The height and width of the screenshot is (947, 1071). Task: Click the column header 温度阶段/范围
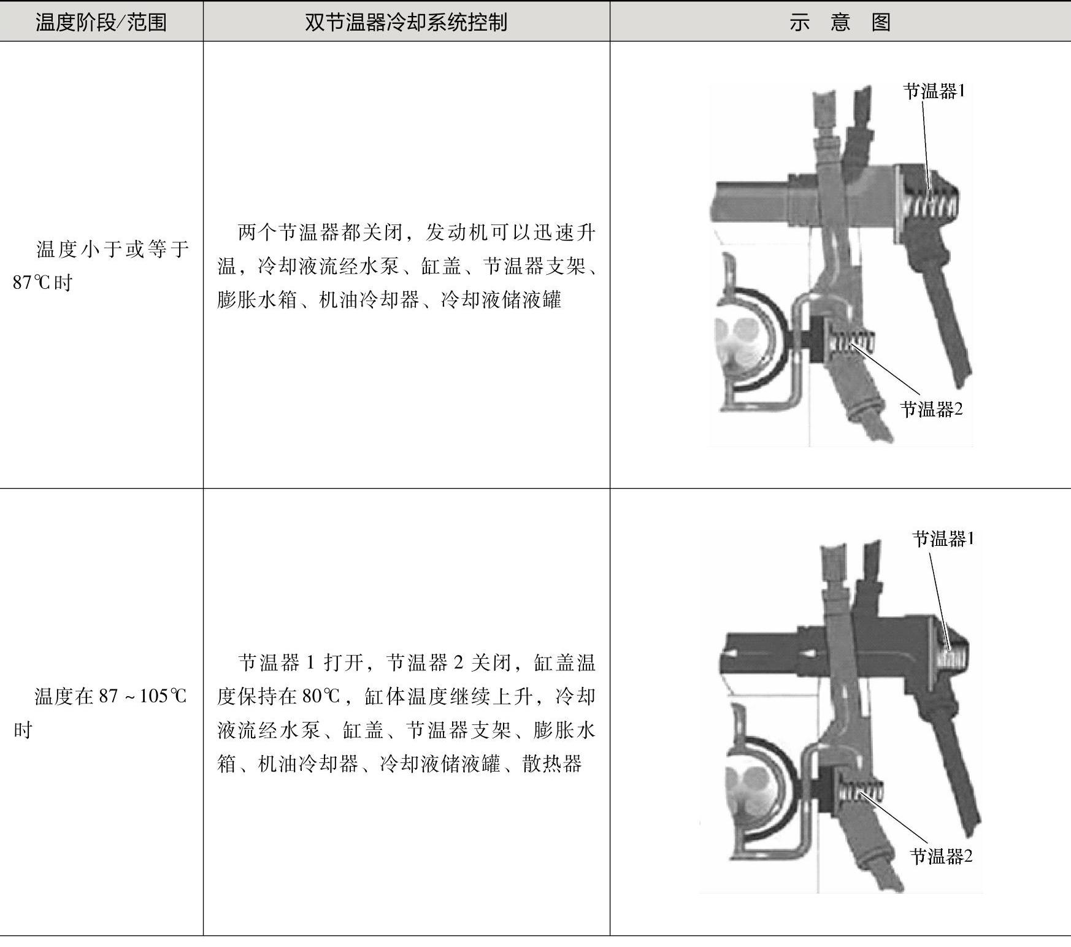point(101,23)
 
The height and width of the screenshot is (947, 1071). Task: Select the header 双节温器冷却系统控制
point(406,23)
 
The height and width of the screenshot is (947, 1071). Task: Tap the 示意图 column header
point(840,23)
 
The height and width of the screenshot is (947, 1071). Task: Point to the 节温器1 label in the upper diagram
point(934,91)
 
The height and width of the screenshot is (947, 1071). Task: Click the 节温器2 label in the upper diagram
point(932,409)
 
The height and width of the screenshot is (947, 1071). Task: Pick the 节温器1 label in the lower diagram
point(943,539)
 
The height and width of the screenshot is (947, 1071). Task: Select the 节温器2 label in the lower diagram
point(941,856)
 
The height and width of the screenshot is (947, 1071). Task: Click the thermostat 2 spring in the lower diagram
point(861,791)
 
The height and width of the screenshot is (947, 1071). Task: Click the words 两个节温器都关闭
point(320,232)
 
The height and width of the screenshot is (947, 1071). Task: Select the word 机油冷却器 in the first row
point(369,300)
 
